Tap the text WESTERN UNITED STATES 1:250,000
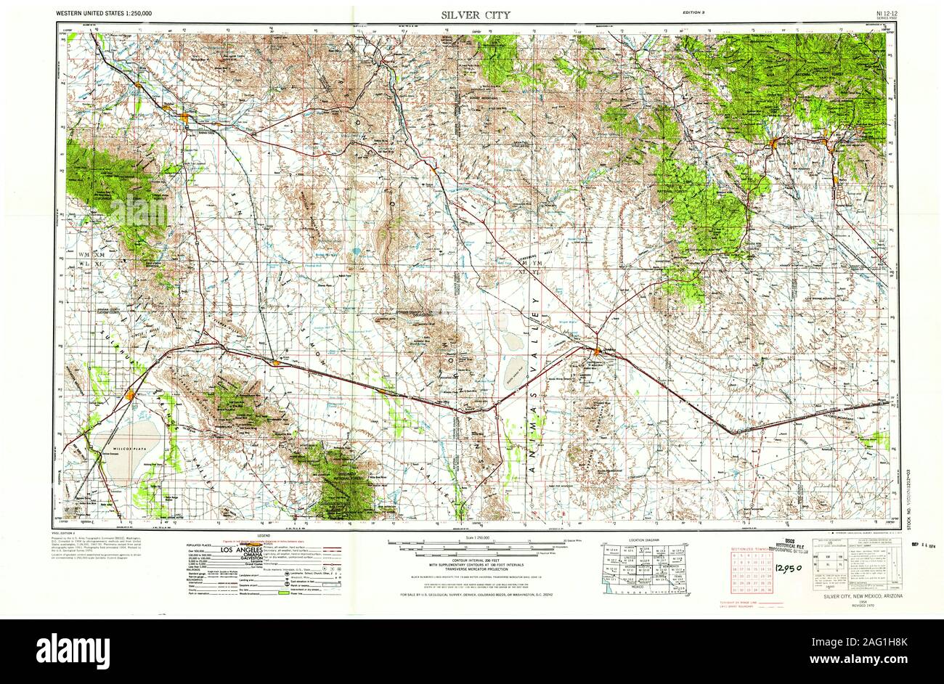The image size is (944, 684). pos(109,13)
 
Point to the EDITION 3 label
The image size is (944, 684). pos(696,13)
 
